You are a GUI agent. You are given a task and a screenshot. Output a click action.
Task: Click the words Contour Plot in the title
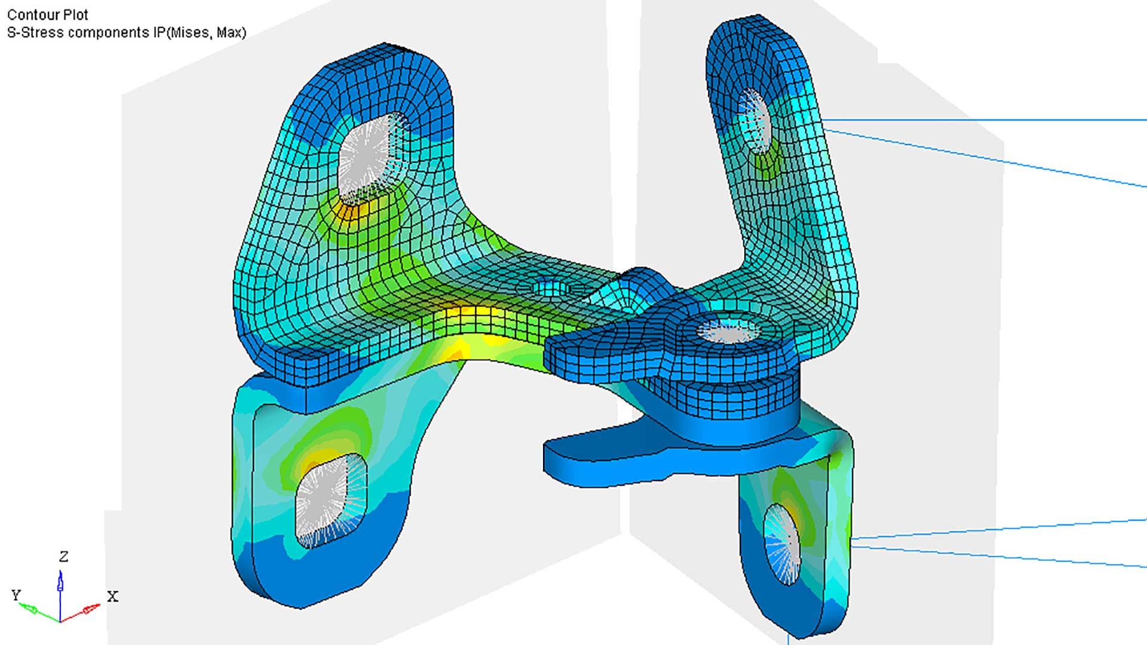point(48,14)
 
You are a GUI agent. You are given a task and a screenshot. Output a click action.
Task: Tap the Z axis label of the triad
point(64,557)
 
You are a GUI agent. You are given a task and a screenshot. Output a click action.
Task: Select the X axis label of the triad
point(112,596)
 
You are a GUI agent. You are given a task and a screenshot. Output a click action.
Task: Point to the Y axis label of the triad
point(16,595)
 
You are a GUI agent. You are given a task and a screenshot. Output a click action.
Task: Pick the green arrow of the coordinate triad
point(33,609)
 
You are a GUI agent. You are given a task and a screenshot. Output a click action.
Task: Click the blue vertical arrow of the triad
point(60,585)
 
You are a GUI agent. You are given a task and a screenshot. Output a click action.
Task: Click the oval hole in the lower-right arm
point(781,543)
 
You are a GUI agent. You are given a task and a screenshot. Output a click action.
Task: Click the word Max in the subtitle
point(228,32)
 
